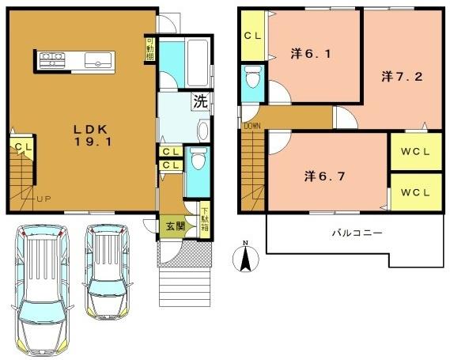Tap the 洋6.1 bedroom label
click(x=306, y=54)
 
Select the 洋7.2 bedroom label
click(x=398, y=76)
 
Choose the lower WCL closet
click(x=414, y=191)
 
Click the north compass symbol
click(x=246, y=256)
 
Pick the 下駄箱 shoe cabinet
click(x=205, y=215)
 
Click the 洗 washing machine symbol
click(x=201, y=101)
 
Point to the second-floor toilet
click(x=252, y=79)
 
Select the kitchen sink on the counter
click(x=100, y=59)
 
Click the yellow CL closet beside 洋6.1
click(x=253, y=36)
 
